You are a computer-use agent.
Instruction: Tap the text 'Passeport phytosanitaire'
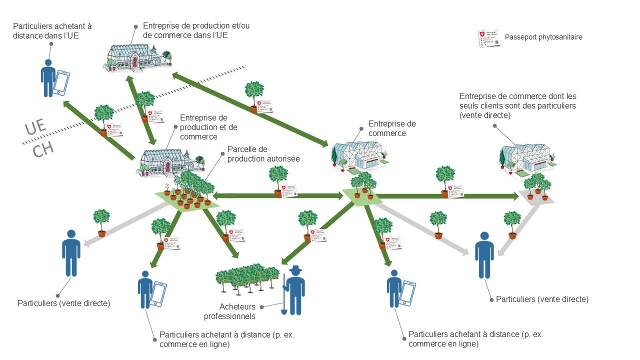point(543,37)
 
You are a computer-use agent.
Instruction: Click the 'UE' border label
point(35,128)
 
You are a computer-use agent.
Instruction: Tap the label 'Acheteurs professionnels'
point(237,311)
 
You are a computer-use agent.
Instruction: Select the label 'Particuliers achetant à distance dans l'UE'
point(52,30)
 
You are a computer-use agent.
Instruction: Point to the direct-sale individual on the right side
point(483,254)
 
